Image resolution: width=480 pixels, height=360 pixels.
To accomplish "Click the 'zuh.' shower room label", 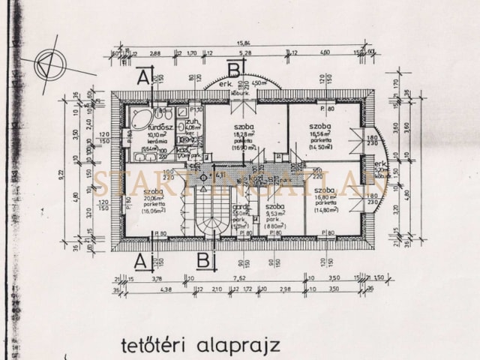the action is tap(192, 121).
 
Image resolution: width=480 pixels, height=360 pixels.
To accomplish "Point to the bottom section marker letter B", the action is tap(203, 262).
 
